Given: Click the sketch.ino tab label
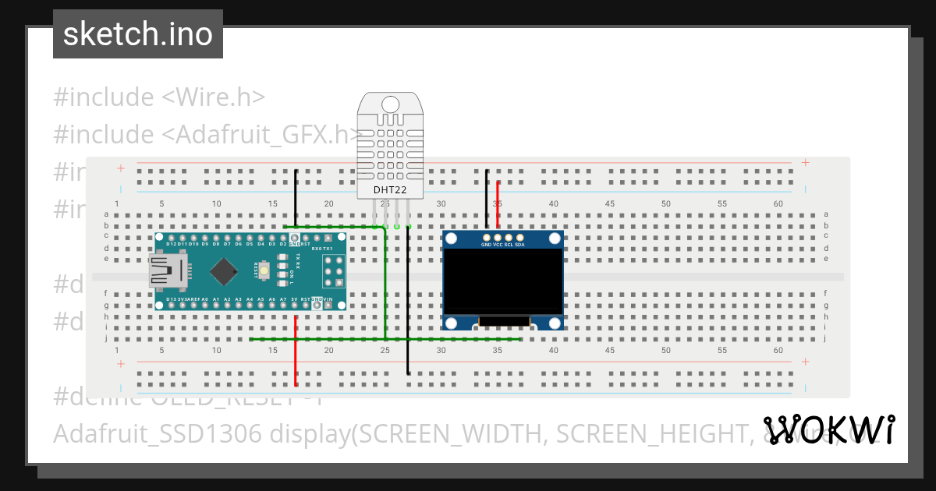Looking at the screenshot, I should pyautogui.click(x=138, y=34).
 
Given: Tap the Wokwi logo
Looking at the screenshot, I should pyautogui.click(x=828, y=429).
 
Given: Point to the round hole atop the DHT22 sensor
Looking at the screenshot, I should pyautogui.click(x=390, y=103).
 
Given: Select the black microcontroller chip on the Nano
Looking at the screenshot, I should pyautogui.click(x=225, y=271).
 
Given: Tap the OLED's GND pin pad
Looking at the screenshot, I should pyautogui.click(x=487, y=236).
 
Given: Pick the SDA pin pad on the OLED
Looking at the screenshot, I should pyautogui.click(x=519, y=236).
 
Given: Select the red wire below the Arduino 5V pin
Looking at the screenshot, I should pyautogui.click(x=296, y=351).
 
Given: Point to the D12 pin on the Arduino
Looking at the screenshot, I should pyautogui.click(x=171, y=237).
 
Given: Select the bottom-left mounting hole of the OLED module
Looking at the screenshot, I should pyautogui.click(x=451, y=323).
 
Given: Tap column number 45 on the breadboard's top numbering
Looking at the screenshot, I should pyautogui.click(x=610, y=203).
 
